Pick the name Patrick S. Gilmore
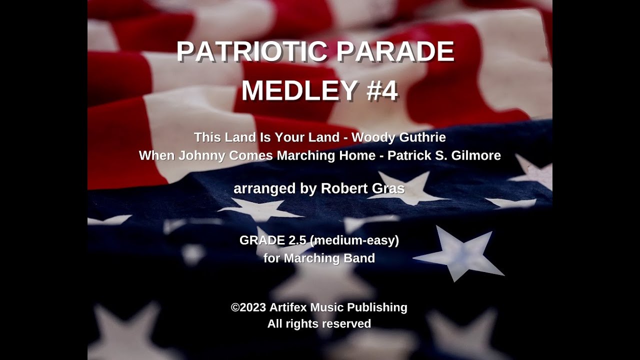point(444,155)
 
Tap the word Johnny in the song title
point(205,155)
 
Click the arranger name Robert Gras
point(362,188)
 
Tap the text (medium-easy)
point(354,240)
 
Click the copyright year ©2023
point(248,307)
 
